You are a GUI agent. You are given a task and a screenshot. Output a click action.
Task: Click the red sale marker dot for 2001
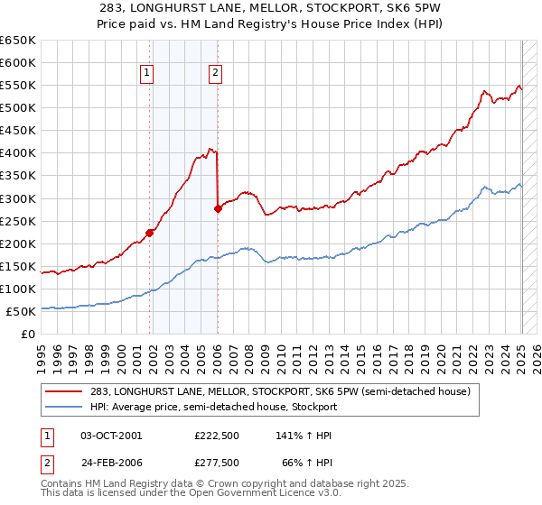click(150, 233)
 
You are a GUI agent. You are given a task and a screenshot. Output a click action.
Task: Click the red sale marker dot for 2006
click(218, 208)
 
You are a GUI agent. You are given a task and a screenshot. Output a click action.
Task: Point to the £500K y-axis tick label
click(18, 107)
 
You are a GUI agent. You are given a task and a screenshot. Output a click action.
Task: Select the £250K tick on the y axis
click(18, 221)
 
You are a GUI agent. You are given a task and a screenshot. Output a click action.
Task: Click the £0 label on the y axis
click(27, 334)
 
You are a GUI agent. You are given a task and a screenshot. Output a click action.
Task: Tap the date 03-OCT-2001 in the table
click(111, 435)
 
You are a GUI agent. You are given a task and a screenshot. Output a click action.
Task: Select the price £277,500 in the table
click(216, 462)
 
